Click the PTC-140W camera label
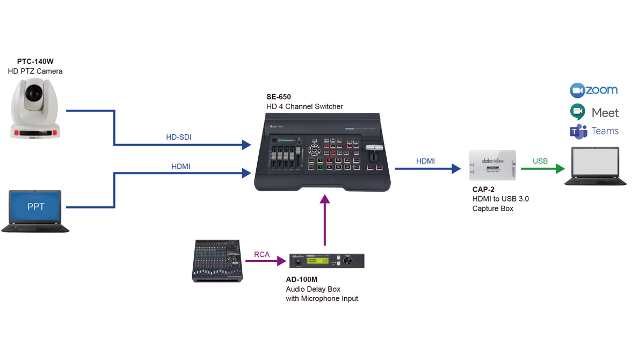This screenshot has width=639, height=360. coord(35,61)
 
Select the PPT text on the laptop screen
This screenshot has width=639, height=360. coord(35,206)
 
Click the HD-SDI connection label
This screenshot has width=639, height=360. coord(178,137)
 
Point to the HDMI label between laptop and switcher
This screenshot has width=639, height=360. coord(180,167)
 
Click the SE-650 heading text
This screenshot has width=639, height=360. coord(279,97)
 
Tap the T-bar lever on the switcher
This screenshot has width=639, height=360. coord(374,148)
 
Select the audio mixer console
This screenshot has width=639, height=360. coord(217,261)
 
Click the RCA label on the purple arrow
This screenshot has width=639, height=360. coord(262,254)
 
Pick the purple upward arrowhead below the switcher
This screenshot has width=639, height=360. coord(324,199)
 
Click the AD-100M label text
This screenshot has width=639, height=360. coord(301,279)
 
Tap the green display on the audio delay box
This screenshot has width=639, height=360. coord(317,261)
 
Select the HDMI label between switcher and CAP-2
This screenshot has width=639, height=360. coord(425,161)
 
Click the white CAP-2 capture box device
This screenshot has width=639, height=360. coord(492,165)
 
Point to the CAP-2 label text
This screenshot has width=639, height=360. coord(483,189)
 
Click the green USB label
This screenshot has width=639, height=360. coord(540,161)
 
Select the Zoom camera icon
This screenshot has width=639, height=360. coord(577,90)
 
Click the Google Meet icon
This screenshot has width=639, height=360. coord(578,112)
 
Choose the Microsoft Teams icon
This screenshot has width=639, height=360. coord(578,131)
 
